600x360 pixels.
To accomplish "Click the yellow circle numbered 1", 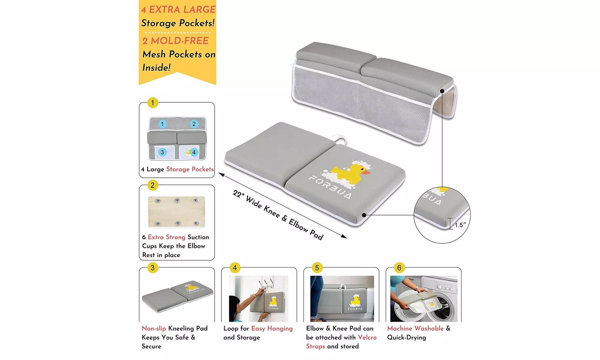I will [x=153, y=103].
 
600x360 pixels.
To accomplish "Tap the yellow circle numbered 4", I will [x=235, y=268].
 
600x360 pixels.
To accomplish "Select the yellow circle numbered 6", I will [x=399, y=268].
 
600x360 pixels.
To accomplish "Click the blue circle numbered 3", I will [x=162, y=152].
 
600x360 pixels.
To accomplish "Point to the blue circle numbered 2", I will [x=194, y=124].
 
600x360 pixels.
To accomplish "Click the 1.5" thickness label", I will [x=460, y=225].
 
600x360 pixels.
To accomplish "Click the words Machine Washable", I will [x=415, y=328].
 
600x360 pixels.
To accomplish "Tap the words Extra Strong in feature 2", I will [x=166, y=237].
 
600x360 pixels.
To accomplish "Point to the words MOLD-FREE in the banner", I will [x=179, y=41].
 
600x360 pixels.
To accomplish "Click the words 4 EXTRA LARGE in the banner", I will [x=178, y=10].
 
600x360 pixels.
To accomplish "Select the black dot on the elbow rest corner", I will [x=442, y=91].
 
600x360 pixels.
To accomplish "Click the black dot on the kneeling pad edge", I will [x=364, y=215].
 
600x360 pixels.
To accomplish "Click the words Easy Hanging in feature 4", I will [x=272, y=328].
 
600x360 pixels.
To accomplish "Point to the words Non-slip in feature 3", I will [x=154, y=328].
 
